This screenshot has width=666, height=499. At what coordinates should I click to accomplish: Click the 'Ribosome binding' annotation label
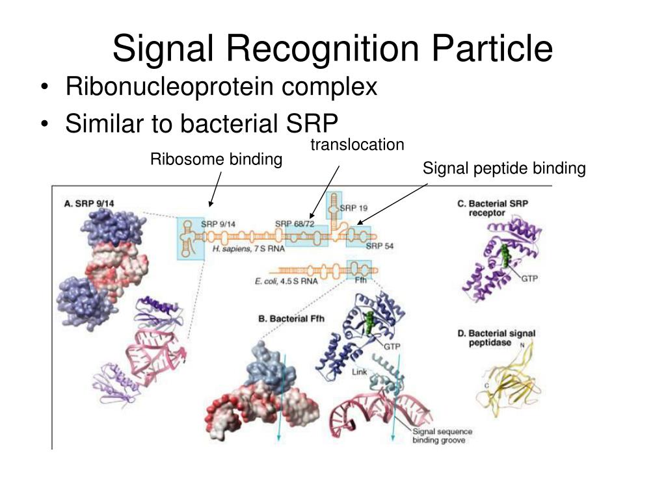(217, 159)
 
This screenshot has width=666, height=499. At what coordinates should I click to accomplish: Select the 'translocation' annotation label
(357, 144)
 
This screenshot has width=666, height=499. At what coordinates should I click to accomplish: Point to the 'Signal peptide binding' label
(504, 169)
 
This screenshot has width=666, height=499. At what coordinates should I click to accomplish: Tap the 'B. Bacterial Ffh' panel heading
(291, 319)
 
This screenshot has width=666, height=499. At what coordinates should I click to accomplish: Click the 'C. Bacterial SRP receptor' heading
(492, 208)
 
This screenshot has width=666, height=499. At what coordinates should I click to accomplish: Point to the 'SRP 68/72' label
(295, 224)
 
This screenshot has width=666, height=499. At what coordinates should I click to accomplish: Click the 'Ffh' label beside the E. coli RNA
(361, 281)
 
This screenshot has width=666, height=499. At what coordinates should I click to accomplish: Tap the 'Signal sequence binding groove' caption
(442, 435)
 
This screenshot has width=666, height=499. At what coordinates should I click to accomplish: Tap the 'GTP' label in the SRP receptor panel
(529, 279)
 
